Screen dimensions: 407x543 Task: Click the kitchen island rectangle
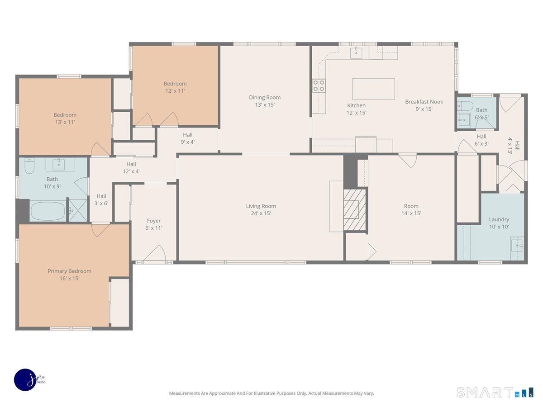coord(373,89)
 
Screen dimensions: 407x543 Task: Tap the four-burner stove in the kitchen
coord(319,85)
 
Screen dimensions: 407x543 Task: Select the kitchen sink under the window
coord(357,52)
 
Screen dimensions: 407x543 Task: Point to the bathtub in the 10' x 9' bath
coord(48,211)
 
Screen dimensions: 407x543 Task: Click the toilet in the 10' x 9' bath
coord(29,166)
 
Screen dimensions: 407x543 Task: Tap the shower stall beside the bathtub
coord(78,210)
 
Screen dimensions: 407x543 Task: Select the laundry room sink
coord(516,245)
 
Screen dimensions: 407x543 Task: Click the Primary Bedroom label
coord(69,271)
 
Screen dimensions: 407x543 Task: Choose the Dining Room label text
coord(265,97)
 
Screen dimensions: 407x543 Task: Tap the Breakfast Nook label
coord(424,102)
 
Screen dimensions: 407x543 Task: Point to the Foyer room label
coord(154,221)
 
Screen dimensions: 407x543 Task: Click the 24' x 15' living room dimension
coord(261,213)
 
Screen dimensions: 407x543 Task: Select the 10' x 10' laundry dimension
coord(499,227)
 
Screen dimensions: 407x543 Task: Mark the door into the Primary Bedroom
coord(100,229)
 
